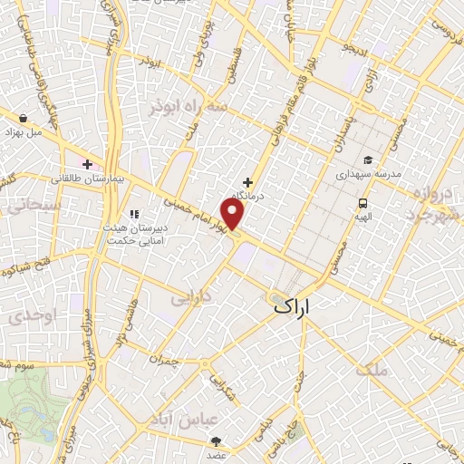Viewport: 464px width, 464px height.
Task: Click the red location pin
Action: pyautogui.click(x=235, y=214)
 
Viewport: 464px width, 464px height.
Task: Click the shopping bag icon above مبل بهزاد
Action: pyautogui.click(x=24, y=117)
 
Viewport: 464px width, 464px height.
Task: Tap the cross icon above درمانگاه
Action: pyautogui.click(x=247, y=182)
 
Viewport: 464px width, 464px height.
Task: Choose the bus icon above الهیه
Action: pyautogui.click(x=362, y=204)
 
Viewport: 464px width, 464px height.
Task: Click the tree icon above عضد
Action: pyautogui.click(x=216, y=433)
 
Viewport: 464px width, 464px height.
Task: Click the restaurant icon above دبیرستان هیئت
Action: pyautogui.click(x=134, y=214)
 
